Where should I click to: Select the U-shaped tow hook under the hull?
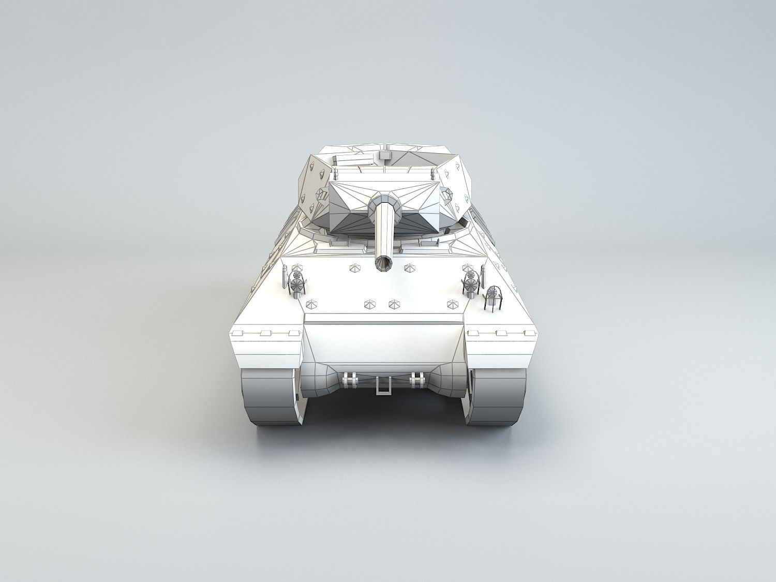click(383, 386)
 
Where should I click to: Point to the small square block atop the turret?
click(384, 155)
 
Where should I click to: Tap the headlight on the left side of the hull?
click(297, 282)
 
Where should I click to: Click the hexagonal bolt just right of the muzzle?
click(410, 267)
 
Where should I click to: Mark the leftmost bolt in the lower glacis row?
click(311, 304)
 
